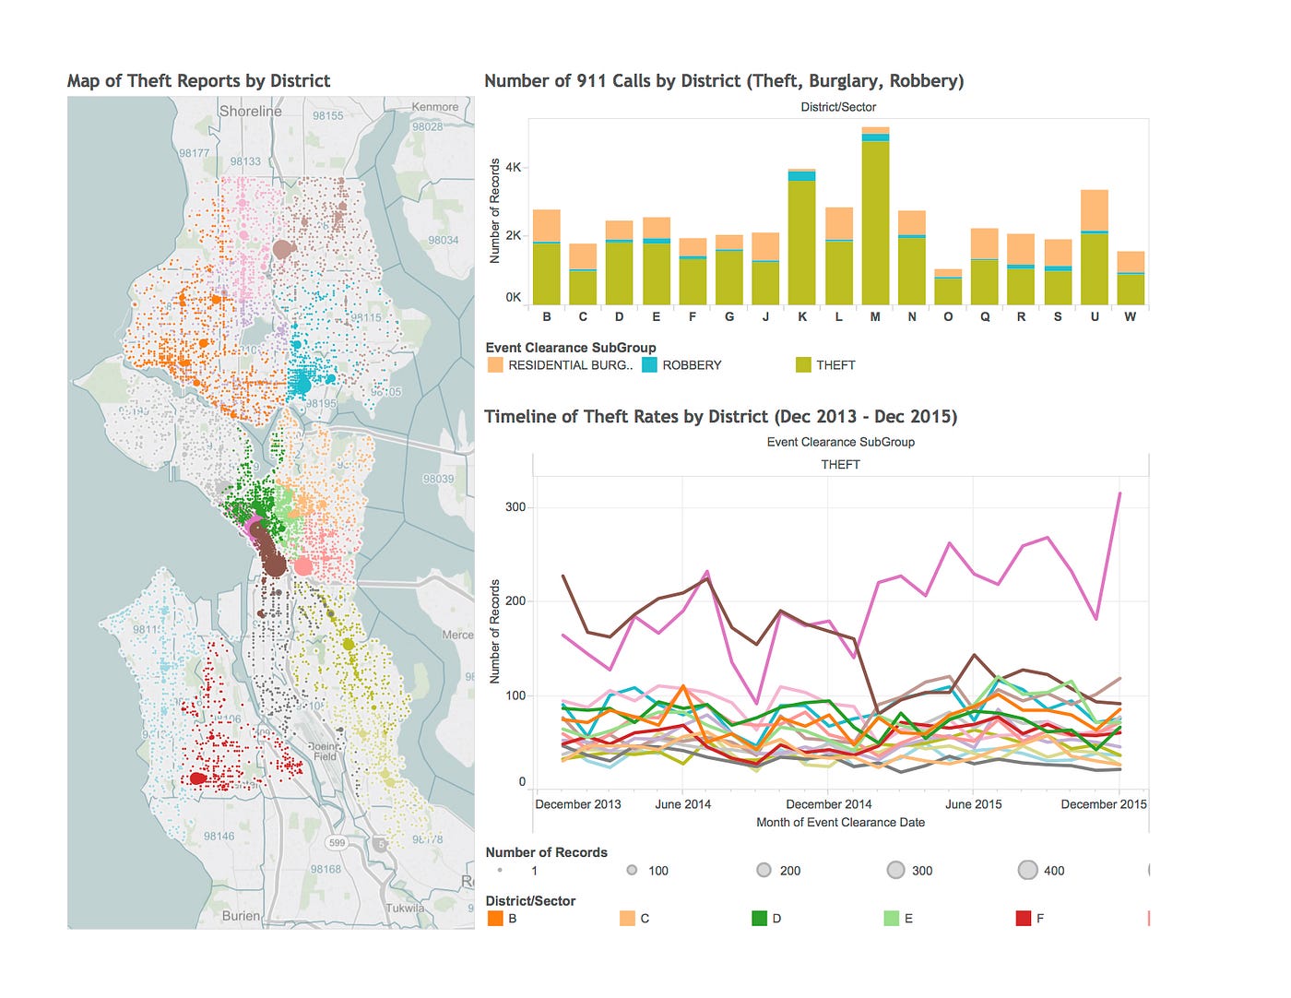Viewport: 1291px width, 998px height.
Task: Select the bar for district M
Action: tap(875, 221)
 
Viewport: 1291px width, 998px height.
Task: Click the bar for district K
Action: tap(801, 240)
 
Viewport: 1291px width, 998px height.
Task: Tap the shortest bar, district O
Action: tap(948, 288)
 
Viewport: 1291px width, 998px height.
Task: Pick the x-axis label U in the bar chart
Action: tap(1095, 316)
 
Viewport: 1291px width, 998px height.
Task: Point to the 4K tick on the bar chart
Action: tap(513, 168)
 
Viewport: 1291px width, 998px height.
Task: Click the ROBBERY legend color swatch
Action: tap(650, 365)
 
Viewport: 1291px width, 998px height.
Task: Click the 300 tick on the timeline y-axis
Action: tap(515, 506)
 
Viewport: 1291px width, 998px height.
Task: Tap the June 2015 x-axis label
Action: tap(973, 804)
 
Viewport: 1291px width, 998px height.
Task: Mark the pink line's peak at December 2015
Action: tap(1119, 493)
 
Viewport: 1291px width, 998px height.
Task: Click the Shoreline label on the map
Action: tap(251, 112)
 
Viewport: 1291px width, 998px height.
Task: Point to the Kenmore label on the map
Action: tap(435, 107)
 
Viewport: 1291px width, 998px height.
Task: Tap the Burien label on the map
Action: tap(241, 916)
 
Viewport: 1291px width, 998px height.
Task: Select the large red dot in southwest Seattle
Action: tap(197, 778)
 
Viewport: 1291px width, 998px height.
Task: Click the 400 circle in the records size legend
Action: tap(1028, 870)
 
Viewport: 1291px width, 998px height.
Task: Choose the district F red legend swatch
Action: tap(1023, 919)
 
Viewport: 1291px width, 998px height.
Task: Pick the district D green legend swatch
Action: tap(759, 919)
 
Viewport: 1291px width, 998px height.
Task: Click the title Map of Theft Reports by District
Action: tap(198, 81)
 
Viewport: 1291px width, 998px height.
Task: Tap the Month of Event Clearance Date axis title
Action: tap(840, 823)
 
